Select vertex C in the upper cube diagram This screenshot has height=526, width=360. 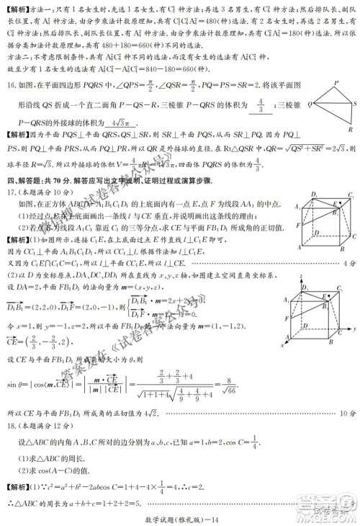tap(353, 236)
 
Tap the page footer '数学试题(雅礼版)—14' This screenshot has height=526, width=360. tap(179, 512)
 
